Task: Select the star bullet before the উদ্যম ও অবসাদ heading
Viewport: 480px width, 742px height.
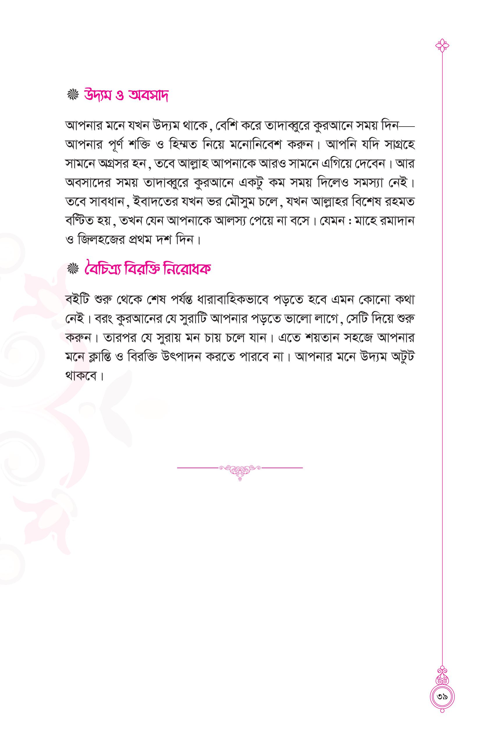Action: click(73, 96)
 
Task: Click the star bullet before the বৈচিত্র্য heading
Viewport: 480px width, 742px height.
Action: click(73, 269)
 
